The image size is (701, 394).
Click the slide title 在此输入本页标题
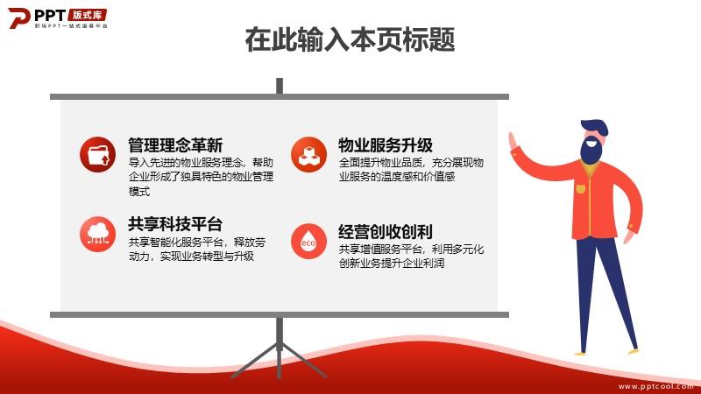click(x=350, y=39)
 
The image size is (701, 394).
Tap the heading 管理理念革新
click(x=175, y=145)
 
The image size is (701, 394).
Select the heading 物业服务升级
click(x=386, y=145)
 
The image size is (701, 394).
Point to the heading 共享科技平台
click(x=175, y=224)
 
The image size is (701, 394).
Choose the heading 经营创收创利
click(x=386, y=232)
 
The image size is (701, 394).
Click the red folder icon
click(x=97, y=155)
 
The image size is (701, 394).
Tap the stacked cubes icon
click(x=308, y=155)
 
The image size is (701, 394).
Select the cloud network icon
click(x=97, y=234)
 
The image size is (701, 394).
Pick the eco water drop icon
click(x=308, y=242)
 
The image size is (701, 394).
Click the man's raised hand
click(x=513, y=142)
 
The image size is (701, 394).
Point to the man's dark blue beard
click(x=591, y=151)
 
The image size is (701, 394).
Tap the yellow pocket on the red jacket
click(x=580, y=189)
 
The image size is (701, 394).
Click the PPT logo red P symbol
click(x=18, y=18)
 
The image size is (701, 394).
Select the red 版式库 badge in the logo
click(x=87, y=15)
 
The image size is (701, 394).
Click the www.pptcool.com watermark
click(x=655, y=386)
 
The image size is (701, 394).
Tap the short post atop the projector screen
click(x=280, y=86)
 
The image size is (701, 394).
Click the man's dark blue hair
click(x=595, y=127)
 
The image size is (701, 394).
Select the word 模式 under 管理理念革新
click(x=139, y=192)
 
